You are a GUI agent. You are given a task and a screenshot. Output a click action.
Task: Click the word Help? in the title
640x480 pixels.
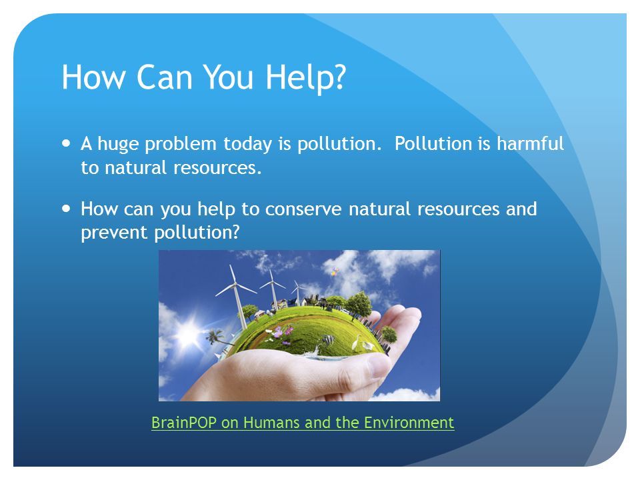[306, 77]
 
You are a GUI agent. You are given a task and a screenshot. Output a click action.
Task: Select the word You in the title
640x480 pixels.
[228, 77]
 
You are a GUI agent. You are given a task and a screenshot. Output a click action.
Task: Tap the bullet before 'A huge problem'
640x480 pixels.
[66, 143]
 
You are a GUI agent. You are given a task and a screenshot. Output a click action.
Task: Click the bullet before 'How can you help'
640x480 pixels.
[66, 208]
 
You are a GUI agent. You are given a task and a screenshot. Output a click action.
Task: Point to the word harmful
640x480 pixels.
[530, 143]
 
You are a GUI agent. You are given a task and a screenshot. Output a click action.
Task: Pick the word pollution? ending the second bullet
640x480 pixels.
[197, 233]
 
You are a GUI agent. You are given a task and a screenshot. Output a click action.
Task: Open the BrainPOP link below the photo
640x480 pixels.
[303, 423]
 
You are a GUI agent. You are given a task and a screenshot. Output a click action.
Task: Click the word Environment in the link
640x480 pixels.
[409, 423]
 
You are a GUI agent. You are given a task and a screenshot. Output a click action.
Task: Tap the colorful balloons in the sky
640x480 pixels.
[335, 271]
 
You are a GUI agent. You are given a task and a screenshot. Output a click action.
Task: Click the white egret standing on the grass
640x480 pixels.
[356, 343]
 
